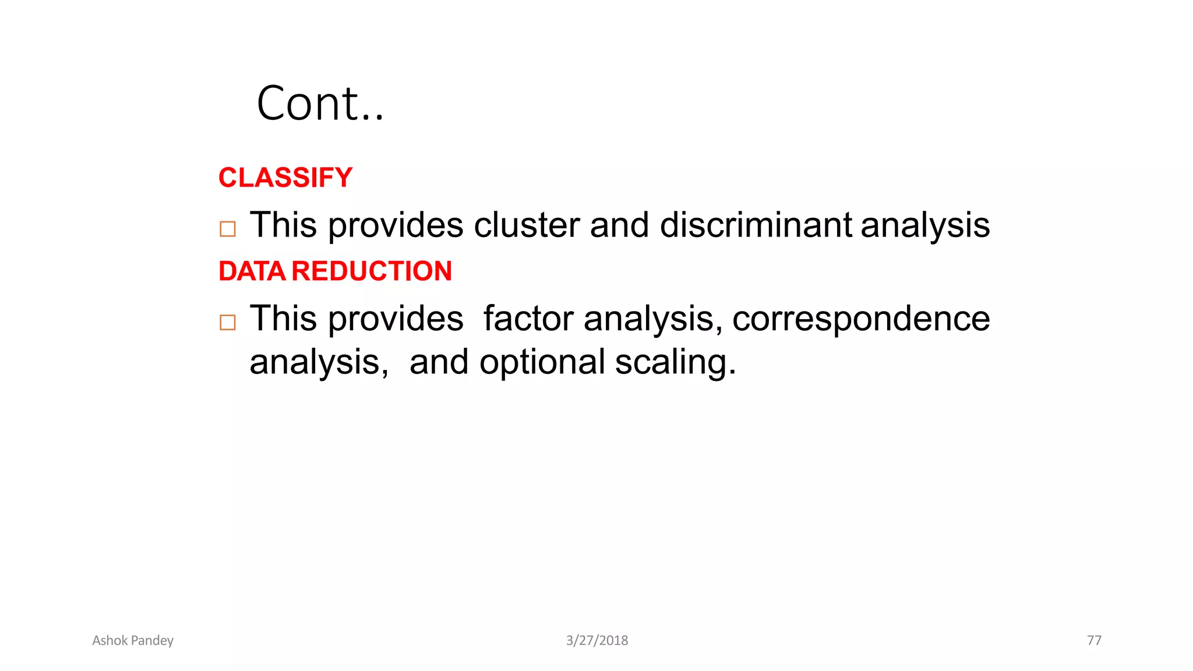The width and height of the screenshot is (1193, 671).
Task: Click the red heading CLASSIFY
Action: [x=285, y=178]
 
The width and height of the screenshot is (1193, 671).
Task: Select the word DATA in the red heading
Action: [x=252, y=271]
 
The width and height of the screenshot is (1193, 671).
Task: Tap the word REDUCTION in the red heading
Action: [x=372, y=271]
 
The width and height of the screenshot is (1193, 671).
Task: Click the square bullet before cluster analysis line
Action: [x=228, y=229]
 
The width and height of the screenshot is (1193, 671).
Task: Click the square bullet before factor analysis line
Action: [x=228, y=322]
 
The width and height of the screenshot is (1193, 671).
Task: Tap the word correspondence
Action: [x=860, y=319]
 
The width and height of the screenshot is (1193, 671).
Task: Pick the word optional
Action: [x=542, y=362]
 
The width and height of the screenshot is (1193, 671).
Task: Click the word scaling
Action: [x=675, y=362]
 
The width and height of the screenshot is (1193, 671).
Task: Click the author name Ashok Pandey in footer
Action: [x=133, y=641]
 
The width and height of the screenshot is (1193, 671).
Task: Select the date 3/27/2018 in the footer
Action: [x=597, y=641]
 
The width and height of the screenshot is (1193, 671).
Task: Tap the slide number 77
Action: [x=1094, y=641]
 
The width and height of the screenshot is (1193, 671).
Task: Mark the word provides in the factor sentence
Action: [x=396, y=319]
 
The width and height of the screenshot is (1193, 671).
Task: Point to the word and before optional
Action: [x=439, y=362]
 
